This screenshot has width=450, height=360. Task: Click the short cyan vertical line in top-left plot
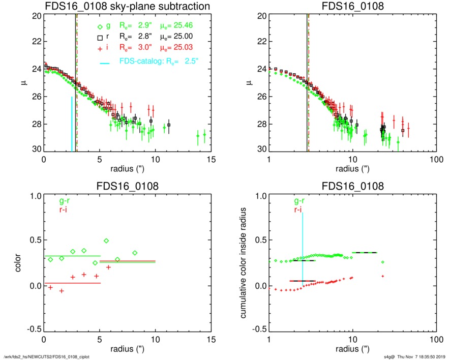click(x=72, y=124)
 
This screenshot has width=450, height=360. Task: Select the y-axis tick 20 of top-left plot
click(x=36, y=16)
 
